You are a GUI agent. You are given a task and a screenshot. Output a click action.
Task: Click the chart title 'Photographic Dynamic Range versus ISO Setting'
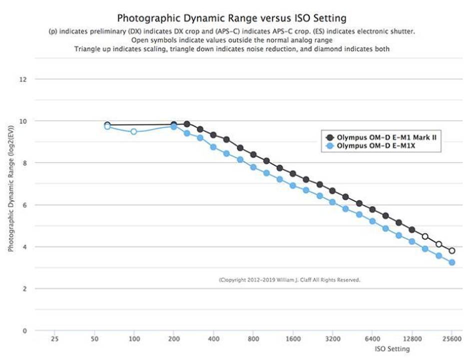(231, 19)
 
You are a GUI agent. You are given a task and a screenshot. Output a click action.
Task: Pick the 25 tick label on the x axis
(54, 338)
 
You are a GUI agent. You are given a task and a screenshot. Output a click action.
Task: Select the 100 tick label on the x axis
(133, 338)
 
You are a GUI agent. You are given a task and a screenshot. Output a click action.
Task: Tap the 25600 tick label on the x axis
(452, 338)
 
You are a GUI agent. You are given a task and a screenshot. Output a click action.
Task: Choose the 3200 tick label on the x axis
(332, 338)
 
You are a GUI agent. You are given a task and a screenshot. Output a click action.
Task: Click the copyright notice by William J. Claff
(289, 280)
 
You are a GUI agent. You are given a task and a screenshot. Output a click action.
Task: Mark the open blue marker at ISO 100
(134, 131)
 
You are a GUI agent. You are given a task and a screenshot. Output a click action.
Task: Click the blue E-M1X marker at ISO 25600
(452, 262)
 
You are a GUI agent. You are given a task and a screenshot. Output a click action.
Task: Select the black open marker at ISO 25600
(452, 250)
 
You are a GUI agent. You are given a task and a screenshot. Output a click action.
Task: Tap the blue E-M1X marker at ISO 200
(173, 127)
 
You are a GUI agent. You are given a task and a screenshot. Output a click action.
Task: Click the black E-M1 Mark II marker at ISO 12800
(412, 230)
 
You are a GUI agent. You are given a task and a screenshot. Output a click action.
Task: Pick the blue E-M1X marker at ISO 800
(253, 167)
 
